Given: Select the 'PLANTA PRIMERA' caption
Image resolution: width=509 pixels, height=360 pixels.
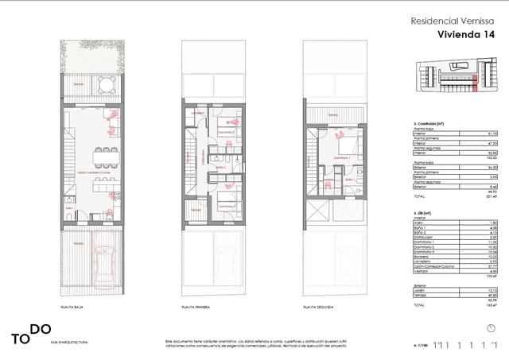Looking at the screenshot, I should coord(197,327).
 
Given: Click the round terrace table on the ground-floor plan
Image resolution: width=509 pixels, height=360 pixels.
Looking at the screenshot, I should coord(107,84).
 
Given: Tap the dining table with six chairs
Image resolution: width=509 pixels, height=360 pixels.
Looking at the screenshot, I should coord(106,154).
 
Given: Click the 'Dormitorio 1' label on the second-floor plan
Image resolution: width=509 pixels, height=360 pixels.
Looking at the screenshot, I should coord(343,158).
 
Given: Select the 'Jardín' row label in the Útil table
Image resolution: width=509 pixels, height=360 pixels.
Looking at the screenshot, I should coord(420,291).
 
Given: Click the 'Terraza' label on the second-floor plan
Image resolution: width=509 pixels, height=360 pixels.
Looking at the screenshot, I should coord(332,117).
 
